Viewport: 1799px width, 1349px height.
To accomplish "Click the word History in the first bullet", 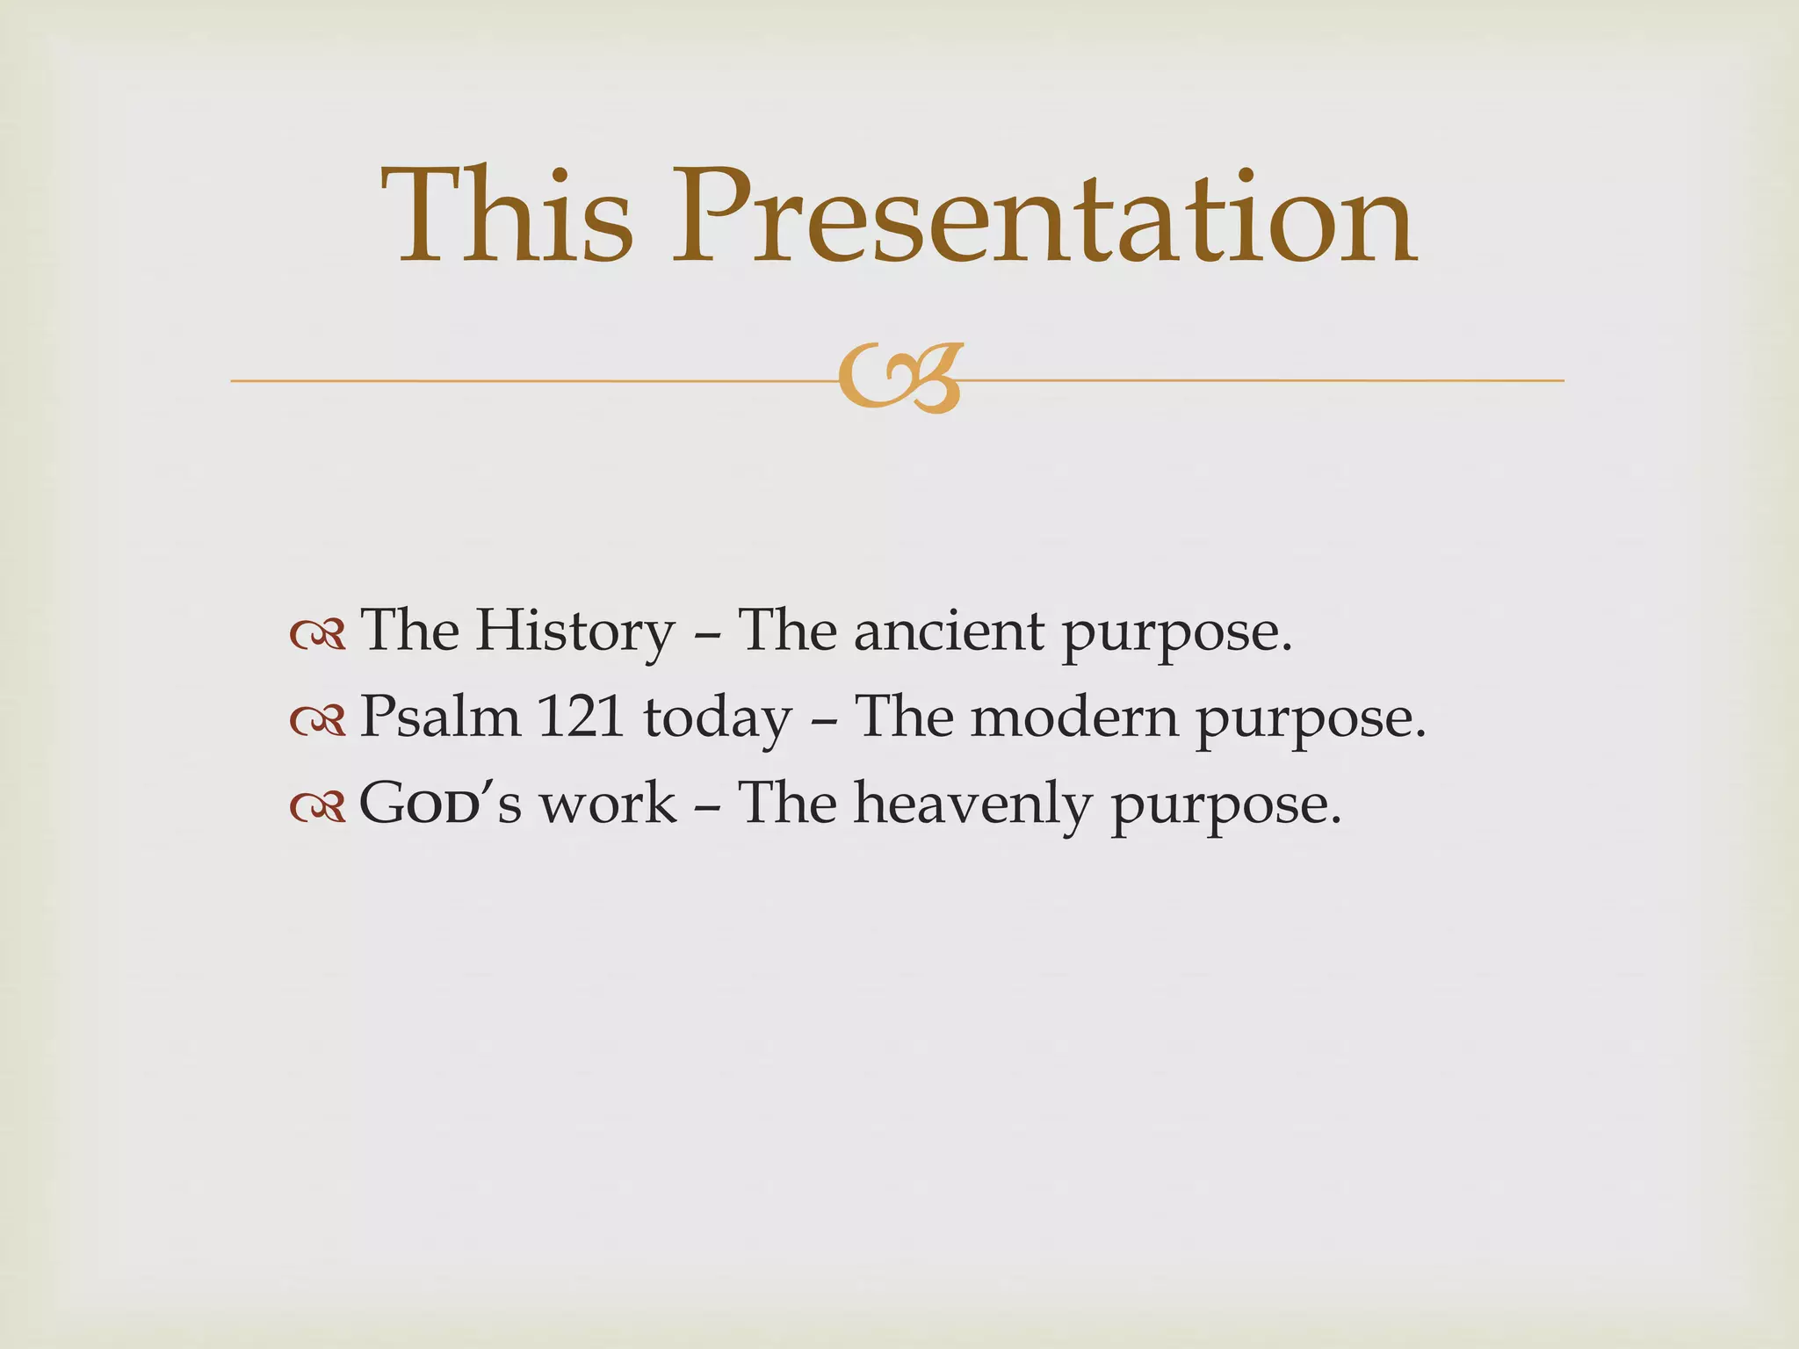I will [575, 632].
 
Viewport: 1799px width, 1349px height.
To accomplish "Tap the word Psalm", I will [440, 718].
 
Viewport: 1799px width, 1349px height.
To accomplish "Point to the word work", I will [608, 804].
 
